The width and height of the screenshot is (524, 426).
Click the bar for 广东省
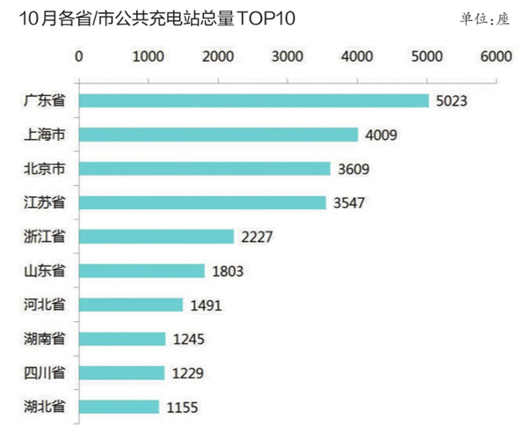point(253,101)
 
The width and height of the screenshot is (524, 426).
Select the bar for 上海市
point(218,135)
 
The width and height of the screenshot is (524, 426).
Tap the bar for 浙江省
point(156,237)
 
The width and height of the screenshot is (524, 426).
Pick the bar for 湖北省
point(119,407)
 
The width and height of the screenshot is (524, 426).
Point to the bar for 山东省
point(142,271)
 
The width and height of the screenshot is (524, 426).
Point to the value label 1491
point(204,305)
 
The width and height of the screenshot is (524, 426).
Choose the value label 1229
point(186,373)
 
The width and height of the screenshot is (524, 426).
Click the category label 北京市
point(45,168)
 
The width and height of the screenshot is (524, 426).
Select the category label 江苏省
point(45,202)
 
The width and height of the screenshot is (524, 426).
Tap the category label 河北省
point(45,305)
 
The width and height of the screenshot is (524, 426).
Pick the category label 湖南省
point(45,338)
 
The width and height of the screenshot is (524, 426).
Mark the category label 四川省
point(45,372)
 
